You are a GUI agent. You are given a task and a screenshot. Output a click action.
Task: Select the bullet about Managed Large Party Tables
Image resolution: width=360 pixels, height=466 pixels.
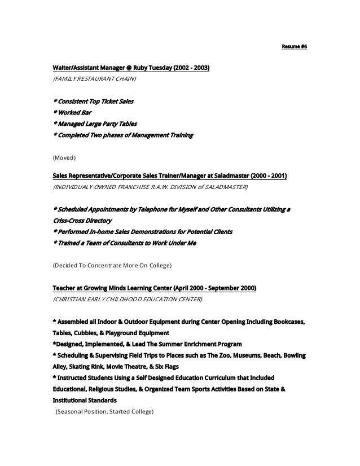(94, 124)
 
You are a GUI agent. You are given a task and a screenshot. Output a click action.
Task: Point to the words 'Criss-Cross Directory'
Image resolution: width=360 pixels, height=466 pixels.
(82, 221)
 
